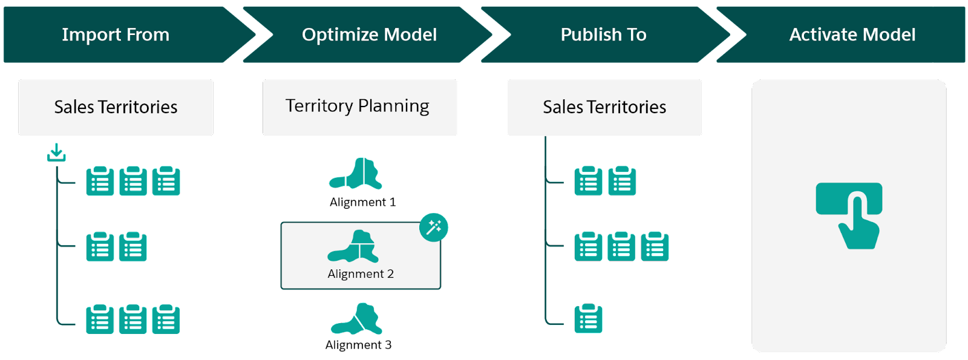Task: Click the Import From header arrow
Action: point(116,34)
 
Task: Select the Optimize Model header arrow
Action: point(369,34)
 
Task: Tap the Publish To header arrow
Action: point(603,34)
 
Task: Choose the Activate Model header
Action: point(852,34)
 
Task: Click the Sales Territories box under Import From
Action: point(116,107)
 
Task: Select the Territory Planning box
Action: point(360,107)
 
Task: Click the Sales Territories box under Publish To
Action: point(604,107)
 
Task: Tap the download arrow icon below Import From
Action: point(56,152)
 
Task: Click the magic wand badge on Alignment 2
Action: point(433,227)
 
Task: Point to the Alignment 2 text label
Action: point(361,274)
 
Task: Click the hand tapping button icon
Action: point(849,215)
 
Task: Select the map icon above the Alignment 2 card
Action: point(357,174)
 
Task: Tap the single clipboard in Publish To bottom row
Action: point(588,319)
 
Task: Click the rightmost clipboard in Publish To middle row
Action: point(655,246)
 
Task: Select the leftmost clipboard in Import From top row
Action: point(100,181)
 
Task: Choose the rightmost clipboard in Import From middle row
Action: point(133,246)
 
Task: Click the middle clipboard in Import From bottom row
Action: point(133,319)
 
